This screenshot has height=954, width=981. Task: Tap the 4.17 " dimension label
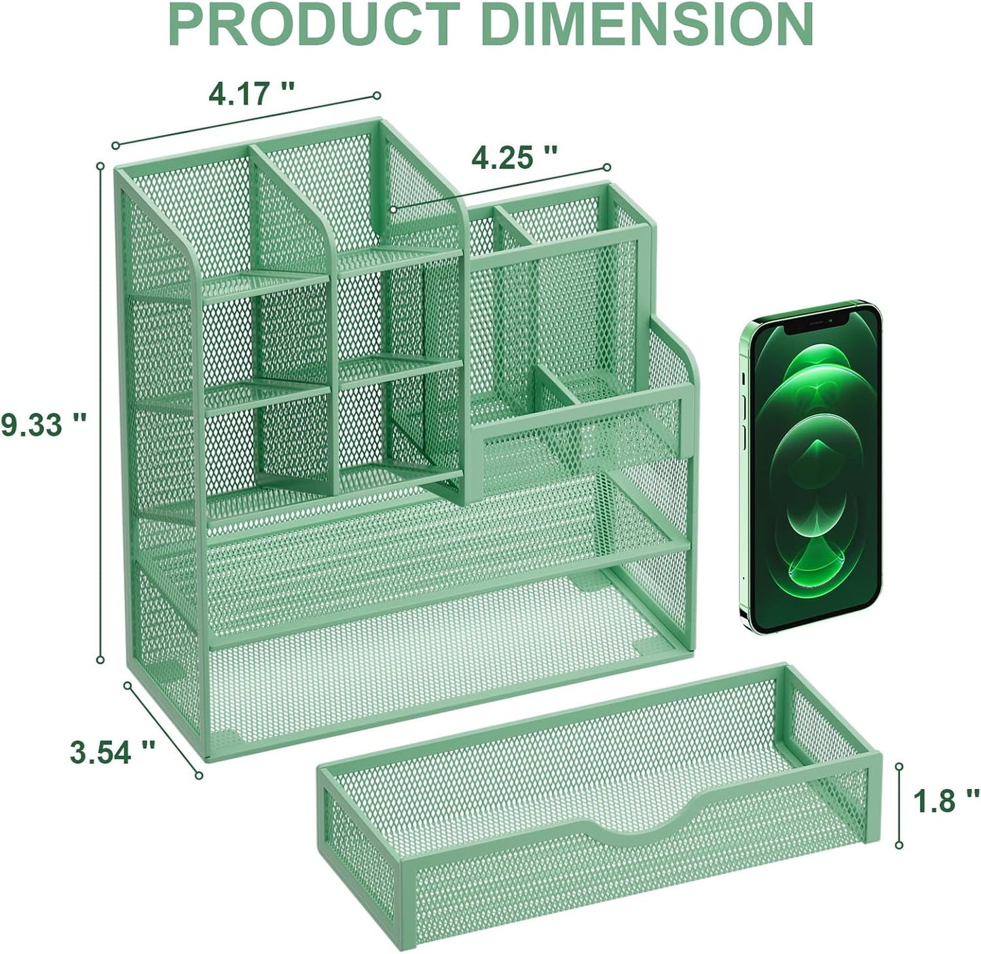252,93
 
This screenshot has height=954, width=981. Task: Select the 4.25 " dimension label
514,158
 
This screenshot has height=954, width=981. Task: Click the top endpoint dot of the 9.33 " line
100,165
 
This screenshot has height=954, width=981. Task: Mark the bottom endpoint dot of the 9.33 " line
100,659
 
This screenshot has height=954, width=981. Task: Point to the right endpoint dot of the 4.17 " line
377,96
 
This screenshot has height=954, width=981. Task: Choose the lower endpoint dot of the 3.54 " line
199,775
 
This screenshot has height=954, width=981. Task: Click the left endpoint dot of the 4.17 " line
115,145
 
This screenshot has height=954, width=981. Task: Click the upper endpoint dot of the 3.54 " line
127,685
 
